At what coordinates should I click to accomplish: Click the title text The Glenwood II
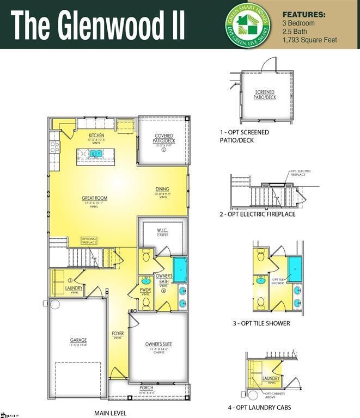click(98, 26)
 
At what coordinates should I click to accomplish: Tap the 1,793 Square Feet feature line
click(310, 40)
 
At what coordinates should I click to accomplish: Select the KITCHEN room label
click(96, 136)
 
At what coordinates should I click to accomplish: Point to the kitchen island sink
click(96, 154)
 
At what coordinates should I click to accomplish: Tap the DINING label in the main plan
click(162, 189)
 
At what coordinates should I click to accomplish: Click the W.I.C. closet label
click(162, 230)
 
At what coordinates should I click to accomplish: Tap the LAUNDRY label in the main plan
click(74, 287)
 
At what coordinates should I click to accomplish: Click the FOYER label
click(118, 333)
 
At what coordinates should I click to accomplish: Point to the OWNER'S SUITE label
click(158, 344)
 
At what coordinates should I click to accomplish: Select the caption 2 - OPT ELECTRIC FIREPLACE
click(257, 214)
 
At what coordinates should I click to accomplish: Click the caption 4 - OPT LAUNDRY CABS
click(259, 407)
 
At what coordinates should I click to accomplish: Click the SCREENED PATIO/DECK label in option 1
click(265, 95)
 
